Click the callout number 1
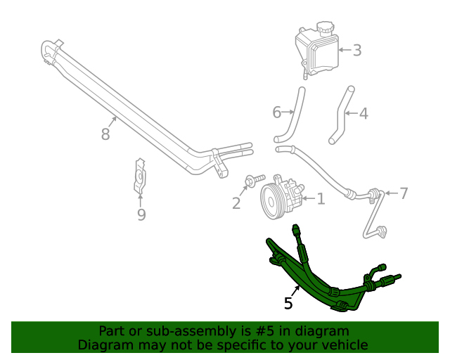(321, 199)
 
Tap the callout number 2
(236, 203)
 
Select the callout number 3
(357, 50)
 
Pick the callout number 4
(363, 112)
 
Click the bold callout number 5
(288, 303)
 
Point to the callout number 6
(276, 112)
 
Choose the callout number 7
(403, 193)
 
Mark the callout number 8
(105, 134)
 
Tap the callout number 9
(141, 214)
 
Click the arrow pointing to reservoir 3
(343, 50)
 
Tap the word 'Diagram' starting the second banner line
(103, 345)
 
